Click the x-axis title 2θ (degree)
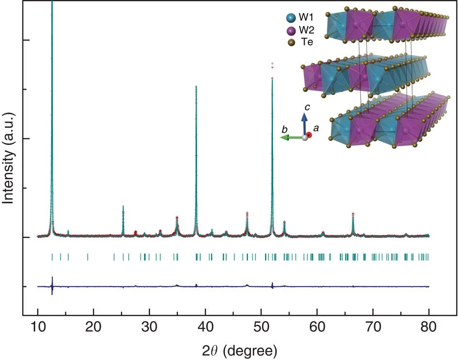233,349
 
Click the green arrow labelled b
290,138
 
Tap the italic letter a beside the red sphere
316,128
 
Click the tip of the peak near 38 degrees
196,87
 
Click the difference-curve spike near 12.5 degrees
52,286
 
